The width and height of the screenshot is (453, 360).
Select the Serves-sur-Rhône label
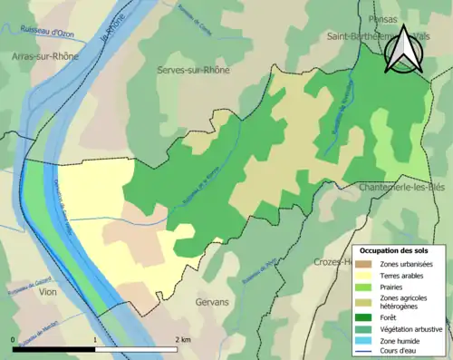tap(193, 70)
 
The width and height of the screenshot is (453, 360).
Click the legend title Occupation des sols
tap(393, 250)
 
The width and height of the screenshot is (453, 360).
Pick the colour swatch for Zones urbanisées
tap(367, 264)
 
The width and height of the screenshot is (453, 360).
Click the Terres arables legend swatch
tap(367, 276)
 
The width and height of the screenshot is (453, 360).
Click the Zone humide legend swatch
tap(367, 341)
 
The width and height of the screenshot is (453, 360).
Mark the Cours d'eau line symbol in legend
tap(367, 352)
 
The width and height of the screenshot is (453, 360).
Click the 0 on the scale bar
tap(14, 339)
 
